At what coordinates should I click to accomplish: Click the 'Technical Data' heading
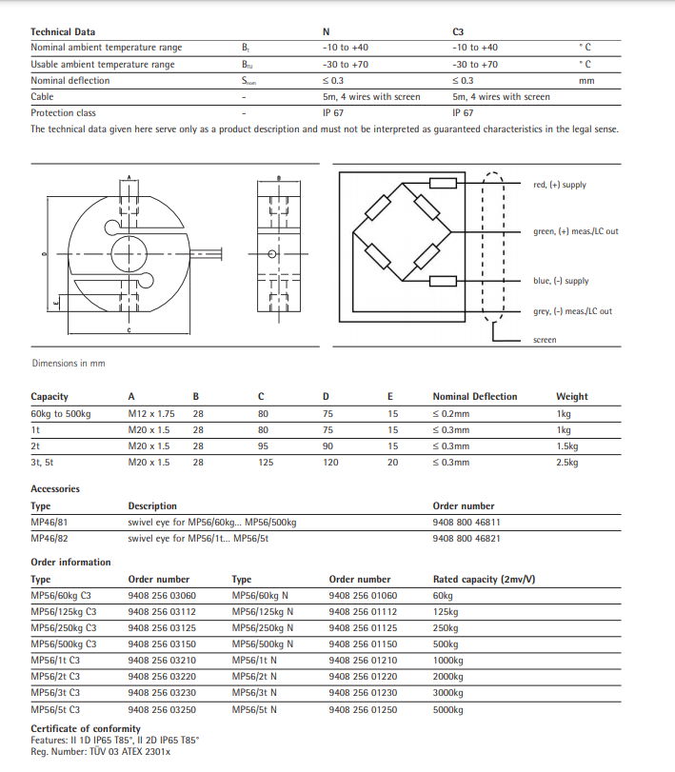tap(63, 31)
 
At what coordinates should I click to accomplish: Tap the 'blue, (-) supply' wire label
tap(561, 281)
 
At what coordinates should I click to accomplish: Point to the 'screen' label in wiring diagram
tap(545, 340)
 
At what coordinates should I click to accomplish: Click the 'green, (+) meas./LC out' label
tap(575, 231)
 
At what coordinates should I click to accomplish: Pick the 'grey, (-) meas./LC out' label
tap(572, 311)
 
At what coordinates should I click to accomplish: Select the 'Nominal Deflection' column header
tap(475, 397)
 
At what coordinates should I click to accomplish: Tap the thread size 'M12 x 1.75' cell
tap(151, 414)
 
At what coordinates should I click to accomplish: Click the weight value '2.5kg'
tap(568, 462)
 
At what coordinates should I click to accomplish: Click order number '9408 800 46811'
tap(467, 523)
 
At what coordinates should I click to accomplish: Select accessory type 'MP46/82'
tap(50, 539)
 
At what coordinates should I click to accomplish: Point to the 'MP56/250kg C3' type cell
tap(64, 627)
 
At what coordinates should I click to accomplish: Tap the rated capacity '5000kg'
tap(447, 710)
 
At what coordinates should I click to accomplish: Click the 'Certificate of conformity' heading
tap(86, 729)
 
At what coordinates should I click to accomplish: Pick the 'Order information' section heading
tap(70, 563)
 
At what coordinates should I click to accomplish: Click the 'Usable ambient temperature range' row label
tap(103, 64)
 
